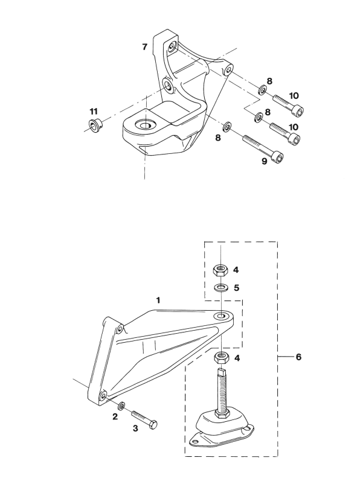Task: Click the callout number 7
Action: coord(144,47)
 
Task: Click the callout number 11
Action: coord(94,111)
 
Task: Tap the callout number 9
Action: coord(264,161)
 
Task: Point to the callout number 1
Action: coord(158,301)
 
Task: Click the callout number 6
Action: coord(298,357)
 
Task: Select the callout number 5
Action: coord(237,288)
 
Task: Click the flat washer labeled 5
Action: coord(220,287)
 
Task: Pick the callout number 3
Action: coord(135,428)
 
